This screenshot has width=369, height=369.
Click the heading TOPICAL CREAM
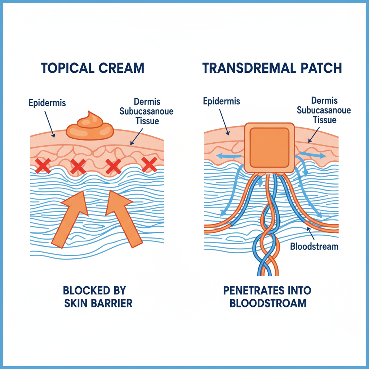[x=93, y=68]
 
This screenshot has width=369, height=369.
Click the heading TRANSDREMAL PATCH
[x=272, y=68]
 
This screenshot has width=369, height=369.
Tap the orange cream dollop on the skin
[x=89, y=126]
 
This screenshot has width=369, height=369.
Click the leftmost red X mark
[x=43, y=165]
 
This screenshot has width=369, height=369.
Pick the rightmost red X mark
[x=149, y=164]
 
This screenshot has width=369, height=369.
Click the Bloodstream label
[x=314, y=246]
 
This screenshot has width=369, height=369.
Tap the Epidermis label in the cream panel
[x=47, y=103]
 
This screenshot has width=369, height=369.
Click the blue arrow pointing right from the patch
[x=312, y=155]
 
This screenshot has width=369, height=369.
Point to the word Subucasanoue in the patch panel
[x=324, y=110]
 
